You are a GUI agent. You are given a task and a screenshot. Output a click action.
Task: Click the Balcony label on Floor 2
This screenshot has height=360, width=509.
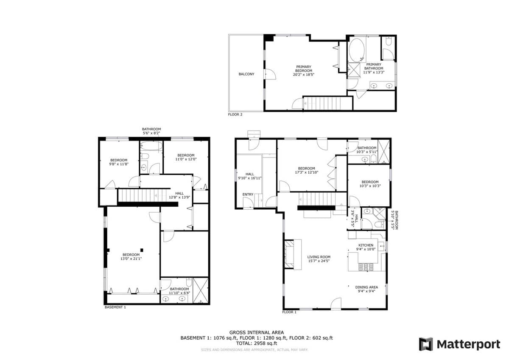246,74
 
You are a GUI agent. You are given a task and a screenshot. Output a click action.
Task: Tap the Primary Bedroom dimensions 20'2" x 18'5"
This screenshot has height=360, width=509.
304,74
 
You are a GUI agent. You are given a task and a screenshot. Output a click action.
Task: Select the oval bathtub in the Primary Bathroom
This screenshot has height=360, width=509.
357,50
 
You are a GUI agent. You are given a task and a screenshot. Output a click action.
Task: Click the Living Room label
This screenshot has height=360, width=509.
319,257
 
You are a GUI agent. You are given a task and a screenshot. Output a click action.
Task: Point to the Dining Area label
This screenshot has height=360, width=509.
366,287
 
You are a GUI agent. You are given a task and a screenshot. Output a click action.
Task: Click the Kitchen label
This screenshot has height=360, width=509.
366,245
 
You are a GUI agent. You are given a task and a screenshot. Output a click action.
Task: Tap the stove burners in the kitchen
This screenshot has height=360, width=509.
366,267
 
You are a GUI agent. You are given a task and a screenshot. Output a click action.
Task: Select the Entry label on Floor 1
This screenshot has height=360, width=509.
248,194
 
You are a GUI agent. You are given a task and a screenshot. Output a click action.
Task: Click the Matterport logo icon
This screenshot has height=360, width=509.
426,344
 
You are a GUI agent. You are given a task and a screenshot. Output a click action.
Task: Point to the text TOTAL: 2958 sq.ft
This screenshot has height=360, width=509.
257,343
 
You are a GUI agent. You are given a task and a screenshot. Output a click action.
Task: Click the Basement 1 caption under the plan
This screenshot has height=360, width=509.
115,307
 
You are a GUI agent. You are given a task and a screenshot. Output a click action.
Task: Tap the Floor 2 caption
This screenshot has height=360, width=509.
235,115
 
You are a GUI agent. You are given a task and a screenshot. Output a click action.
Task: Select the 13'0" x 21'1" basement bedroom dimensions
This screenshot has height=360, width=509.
131,259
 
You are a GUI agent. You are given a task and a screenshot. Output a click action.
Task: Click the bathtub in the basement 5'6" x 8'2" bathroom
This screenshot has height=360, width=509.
151,146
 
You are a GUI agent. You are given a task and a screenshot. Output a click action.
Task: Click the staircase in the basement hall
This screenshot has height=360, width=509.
144,195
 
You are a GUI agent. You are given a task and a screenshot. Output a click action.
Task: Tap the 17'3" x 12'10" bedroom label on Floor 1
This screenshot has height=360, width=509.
307,170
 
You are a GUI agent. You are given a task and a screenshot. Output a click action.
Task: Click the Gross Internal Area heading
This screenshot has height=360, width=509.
257,332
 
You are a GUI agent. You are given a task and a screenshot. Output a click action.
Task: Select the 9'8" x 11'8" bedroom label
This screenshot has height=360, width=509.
119,162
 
